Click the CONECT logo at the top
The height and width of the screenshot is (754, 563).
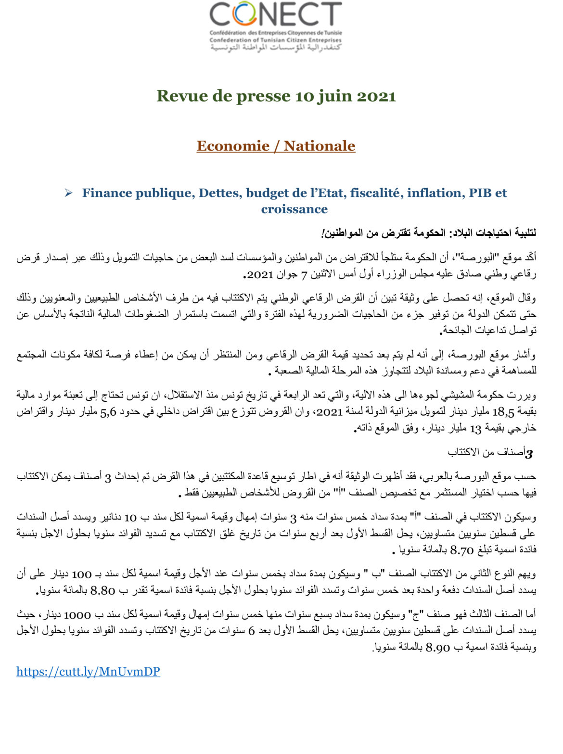pyautogui.click(x=275, y=26)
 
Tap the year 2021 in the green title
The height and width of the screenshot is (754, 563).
pyautogui.click(x=376, y=96)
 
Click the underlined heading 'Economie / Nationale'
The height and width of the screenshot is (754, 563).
pyautogui.click(x=276, y=146)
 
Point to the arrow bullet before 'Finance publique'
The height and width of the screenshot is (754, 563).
pyautogui.click(x=69, y=193)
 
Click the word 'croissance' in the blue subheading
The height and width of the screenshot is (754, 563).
pyautogui.click(x=294, y=209)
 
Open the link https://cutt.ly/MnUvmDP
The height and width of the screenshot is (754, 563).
pyautogui.click(x=88, y=671)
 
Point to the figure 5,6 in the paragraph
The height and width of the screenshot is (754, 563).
pyautogui.click(x=108, y=412)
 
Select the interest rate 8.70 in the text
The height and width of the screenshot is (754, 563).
pyautogui.click(x=461, y=550)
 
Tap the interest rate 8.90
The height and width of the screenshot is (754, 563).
pyautogui.click(x=438, y=648)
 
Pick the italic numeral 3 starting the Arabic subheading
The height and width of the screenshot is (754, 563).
pyautogui.click(x=529, y=453)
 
